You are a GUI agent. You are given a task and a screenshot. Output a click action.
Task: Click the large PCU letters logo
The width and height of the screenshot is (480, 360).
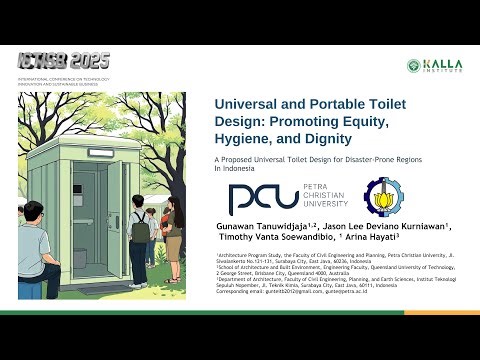point(263,198)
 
